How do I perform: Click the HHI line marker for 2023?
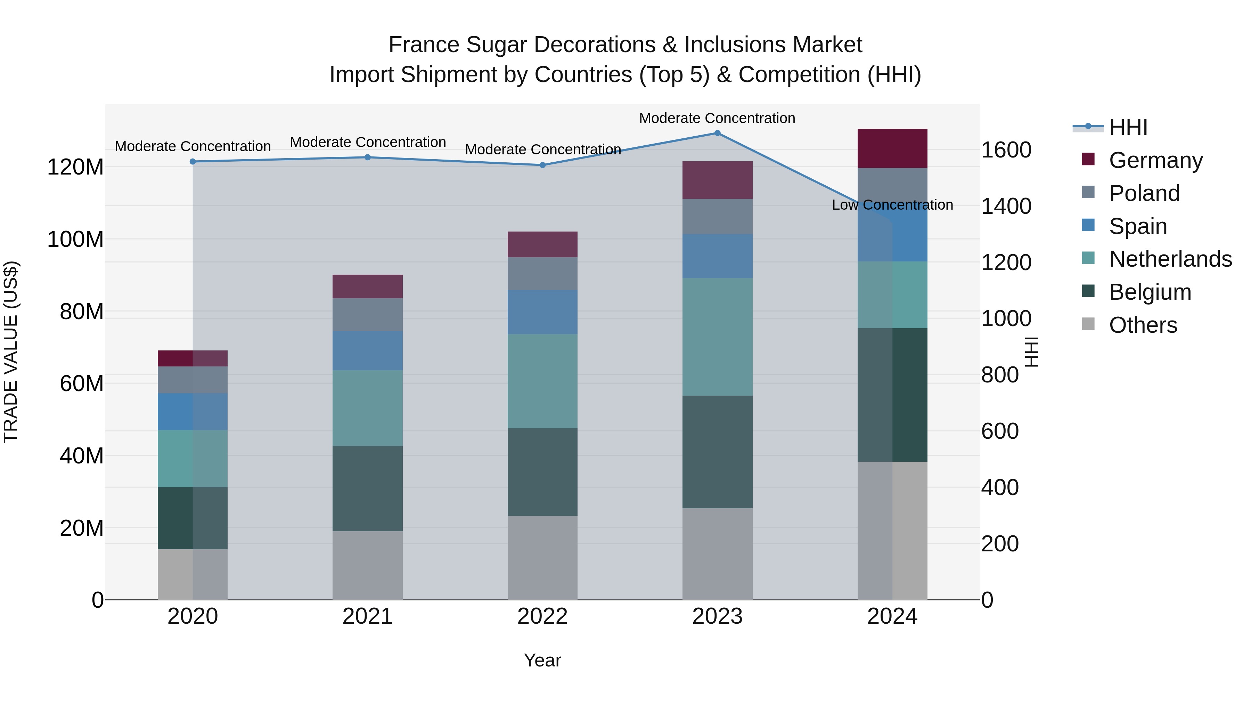pyautogui.click(x=717, y=133)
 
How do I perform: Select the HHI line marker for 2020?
pyautogui.click(x=193, y=162)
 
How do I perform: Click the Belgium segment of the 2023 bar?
pyautogui.click(x=717, y=452)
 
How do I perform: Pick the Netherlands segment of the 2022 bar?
pyautogui.click(x=542, y=381)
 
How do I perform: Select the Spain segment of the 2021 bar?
pyautogui.click(x=368, y=351)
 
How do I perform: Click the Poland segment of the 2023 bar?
pyautogui.click(x=717, y=217)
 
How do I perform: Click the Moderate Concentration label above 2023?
pyautogui.click(x=717, y=119)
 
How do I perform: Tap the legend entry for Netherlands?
pyautogui.click(x=1170, y=259)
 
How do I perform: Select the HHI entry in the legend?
pyautogui.click(x=1128, y=127)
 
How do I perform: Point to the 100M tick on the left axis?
pyautogui.click(x=75, y=240)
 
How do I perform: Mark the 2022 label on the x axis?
pyautogui.click(x=542, y=616)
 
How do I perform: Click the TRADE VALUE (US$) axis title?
pyautogui.click(x=11, y=352)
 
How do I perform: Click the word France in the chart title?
pyautogui.click(x=424, y=45)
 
